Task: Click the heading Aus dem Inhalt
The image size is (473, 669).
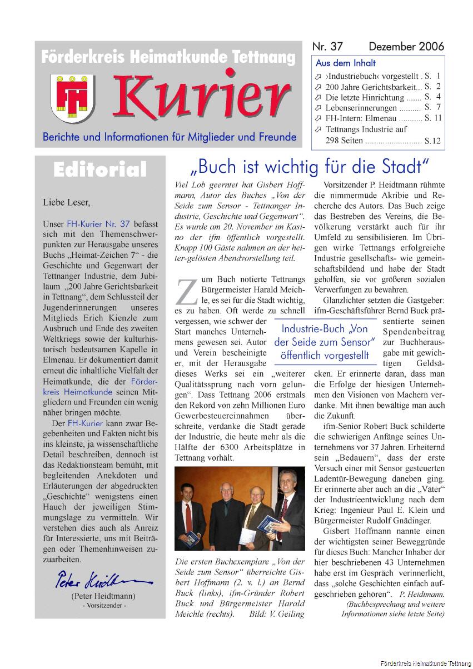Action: point(346,63)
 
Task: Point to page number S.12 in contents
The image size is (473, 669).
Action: point(432,141)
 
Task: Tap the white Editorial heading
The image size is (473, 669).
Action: point(100,169)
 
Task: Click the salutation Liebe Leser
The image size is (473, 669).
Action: point(66,202)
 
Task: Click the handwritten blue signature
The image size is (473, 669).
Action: point(103,581)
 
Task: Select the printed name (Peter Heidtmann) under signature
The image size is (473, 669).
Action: point(103,596)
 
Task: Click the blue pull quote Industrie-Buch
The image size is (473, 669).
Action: point(325,342)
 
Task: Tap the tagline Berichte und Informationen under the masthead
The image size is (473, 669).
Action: point(170,137)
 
